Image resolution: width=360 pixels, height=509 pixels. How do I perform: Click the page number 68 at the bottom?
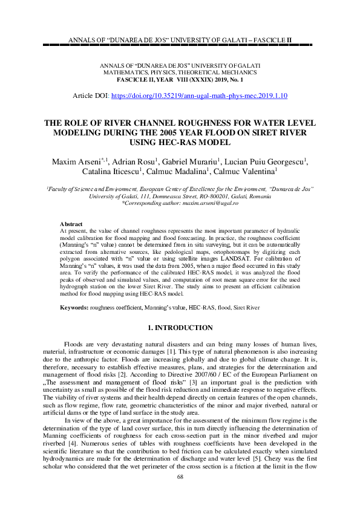(180, 494)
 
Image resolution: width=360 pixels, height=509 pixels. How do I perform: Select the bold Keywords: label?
(74, 308)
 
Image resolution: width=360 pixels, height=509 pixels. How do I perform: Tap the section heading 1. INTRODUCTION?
(180, 328)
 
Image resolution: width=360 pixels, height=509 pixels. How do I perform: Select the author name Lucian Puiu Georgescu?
(267, 161)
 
